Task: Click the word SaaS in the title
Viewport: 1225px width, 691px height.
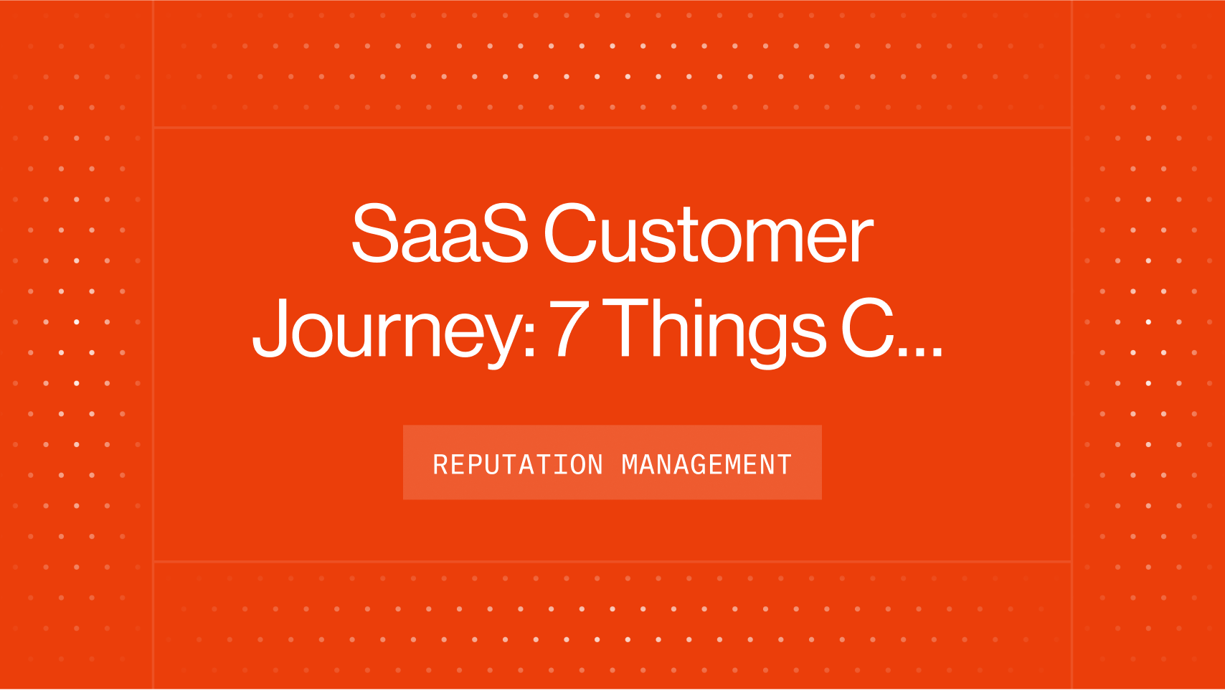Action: pos(439,234)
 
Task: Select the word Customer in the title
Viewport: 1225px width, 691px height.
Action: pos(708,234)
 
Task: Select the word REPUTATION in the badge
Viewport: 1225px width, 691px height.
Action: pos(517,465)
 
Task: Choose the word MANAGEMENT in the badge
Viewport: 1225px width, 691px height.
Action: pos(706,465)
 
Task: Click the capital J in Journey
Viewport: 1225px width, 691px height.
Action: pos(270,329)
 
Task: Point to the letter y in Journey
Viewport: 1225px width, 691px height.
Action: pos(498,337)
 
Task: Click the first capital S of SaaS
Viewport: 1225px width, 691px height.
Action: pos(374,234)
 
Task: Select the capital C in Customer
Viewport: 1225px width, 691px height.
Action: pos(571,234)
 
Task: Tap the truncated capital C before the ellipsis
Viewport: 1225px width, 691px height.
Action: pos(867,329)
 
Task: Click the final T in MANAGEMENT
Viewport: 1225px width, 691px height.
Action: pos(785,465)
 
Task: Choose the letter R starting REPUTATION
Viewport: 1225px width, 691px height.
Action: pos(440,465)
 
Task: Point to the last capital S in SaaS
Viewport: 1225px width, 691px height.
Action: pos(504,234)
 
